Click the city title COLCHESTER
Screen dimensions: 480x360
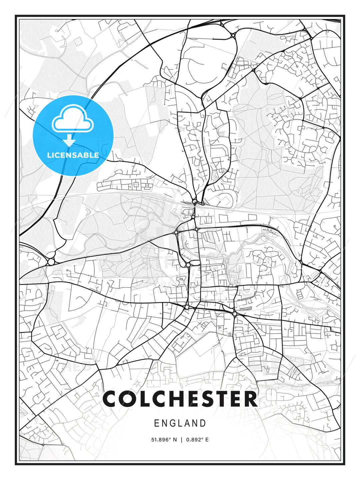[180, 399]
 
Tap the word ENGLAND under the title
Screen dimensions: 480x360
[180, 423]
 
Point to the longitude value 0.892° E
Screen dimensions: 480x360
[197, 440]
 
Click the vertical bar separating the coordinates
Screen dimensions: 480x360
[181, 440]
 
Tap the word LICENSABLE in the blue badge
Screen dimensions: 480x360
[73, 155]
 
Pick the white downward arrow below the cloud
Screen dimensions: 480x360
[69, 140]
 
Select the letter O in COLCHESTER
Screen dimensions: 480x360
[128, 399]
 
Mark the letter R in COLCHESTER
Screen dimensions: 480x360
[250, 399]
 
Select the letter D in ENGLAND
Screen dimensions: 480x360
[203, 423]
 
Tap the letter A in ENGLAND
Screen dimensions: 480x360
[188, 423]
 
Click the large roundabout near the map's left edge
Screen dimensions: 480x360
[51, 262]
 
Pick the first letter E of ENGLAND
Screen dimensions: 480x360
[157, 423]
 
